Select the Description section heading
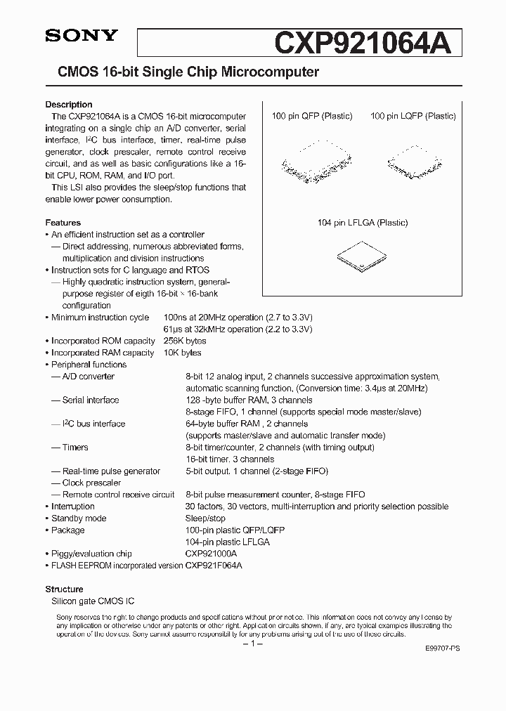point(69,105)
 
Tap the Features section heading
point(63,223)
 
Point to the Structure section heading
point(64,589)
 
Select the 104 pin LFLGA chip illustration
point(362,256)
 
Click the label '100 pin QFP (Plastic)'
point(312,116)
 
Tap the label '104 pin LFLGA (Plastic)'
point(362,223)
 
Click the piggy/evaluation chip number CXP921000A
point(211,554)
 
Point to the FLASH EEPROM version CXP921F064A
point(216,566)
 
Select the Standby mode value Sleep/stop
point(205,518)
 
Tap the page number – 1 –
point(252,644)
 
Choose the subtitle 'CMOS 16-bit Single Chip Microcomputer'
point(183,72)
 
